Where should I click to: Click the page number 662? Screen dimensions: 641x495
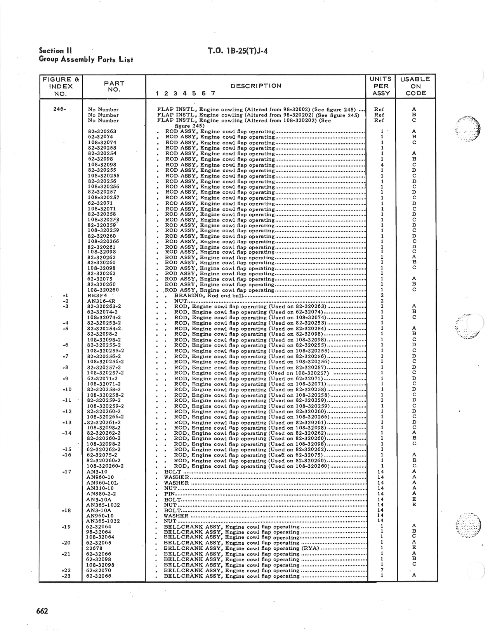42,611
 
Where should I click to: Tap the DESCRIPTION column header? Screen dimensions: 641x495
256,86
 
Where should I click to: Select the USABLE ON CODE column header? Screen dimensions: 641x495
415,86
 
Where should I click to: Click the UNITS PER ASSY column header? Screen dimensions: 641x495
382,86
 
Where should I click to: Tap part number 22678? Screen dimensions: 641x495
94,549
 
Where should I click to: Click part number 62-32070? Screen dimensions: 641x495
99,570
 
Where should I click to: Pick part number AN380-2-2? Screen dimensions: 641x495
101,494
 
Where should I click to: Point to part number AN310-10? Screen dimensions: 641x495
100,488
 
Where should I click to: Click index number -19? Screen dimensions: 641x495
66,527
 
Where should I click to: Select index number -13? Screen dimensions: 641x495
67,423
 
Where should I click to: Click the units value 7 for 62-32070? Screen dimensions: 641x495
382,570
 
